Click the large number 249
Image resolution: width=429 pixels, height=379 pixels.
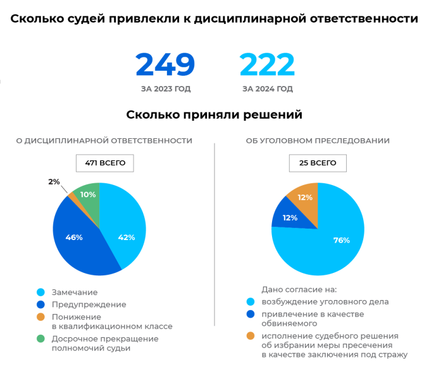tap(165, 64)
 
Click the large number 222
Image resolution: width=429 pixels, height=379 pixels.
tap(267, 64)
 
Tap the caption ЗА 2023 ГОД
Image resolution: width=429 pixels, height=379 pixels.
tap(166, 89)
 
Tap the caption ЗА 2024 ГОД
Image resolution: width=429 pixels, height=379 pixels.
tap(268, 89)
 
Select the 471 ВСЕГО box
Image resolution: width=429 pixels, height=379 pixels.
tap(105, 164)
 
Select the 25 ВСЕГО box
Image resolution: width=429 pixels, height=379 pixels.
tap(318, 164)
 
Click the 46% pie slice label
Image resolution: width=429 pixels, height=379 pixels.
tap(74, 238)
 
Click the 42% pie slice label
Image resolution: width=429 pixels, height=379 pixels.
tap(127, 238)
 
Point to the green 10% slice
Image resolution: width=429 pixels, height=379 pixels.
tap(87, 201)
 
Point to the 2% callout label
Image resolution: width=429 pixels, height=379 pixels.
tap(54, 182)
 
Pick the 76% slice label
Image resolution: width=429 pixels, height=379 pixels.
tap(342, 240)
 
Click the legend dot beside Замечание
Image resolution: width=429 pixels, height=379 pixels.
tap(40, 292)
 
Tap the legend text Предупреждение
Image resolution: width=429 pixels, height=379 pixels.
tap(89, 304)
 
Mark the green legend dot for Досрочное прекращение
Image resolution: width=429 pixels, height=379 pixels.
tap(40, 339)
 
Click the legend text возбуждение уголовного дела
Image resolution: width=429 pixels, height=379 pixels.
tap(325, 302)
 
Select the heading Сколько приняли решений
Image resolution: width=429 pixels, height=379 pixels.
tap(214, 115)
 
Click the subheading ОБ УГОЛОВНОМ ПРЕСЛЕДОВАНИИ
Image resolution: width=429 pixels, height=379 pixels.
tap(318, 141)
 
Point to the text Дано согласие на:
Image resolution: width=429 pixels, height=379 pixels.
tap(299, 289)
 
